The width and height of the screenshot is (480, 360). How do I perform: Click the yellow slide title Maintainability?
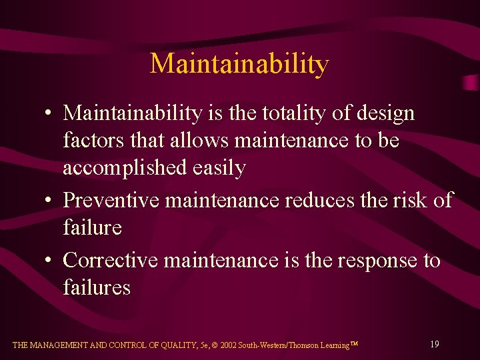[239, 64]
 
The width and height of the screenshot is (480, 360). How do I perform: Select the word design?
[386, 113]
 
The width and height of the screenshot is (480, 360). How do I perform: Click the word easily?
[219, 168]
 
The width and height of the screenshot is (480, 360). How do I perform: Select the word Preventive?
[110, 200]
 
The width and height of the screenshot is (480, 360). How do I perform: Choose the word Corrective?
[110, 259]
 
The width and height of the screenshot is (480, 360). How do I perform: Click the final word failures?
[97, 287]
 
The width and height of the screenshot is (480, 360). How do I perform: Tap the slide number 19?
[434, 345]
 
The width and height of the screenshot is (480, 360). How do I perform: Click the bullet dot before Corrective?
[50, 260]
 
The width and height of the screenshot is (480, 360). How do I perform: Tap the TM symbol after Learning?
[355, 343]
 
